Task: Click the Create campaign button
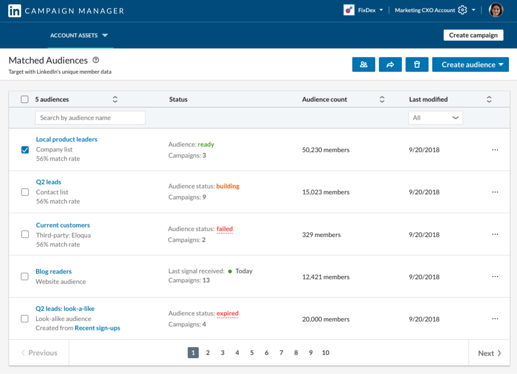(473, 35)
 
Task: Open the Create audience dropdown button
(470, 65)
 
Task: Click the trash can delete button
(417, 65)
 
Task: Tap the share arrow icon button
(390, 65)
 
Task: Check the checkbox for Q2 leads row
(25, 192)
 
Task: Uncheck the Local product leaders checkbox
(25, 150)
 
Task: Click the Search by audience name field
(90, 118)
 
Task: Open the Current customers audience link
(63, 225)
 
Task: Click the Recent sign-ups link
(97, 328)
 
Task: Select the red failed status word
(225, 229)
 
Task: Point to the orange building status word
(227, 186)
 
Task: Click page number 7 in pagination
(281, 353)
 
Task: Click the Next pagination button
(489, 353)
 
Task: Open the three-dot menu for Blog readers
(495, 277)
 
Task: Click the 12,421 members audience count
(326, 277)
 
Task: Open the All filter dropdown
(435, 118)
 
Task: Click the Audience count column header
(325, 100)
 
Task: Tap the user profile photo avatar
(496, 10)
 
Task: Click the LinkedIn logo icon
(15, 11)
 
